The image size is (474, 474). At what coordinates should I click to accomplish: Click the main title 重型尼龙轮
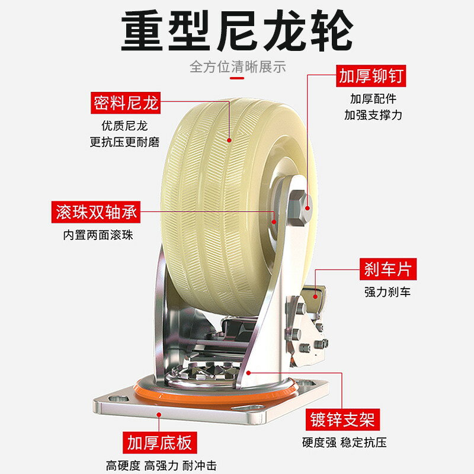(237, 30)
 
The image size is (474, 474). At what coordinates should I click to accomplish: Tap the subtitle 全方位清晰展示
(238, 67)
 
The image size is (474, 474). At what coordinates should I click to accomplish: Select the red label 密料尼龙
(126, 103)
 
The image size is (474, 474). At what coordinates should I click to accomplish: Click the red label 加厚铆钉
(371, 76)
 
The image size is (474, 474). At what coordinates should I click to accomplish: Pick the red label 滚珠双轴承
(96, 212)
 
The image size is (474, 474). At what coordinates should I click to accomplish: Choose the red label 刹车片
(388, 269)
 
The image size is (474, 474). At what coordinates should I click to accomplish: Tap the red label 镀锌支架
(342, 419)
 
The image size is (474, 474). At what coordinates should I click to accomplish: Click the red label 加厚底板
(159, 443)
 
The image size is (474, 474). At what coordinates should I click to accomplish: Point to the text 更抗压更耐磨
(124, 142)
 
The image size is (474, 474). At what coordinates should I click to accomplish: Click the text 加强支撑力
(373, 115)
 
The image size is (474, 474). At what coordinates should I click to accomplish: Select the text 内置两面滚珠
(98, 235)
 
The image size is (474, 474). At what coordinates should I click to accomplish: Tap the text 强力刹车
(387, 292)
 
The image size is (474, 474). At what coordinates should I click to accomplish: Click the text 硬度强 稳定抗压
(344, 443)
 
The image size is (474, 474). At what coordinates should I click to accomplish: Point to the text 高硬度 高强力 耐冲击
(161, 466)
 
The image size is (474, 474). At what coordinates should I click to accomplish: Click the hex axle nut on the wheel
(299, 209)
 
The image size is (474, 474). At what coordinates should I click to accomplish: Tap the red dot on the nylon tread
(229, 140)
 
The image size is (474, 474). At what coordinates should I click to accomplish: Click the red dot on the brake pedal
(315, 297)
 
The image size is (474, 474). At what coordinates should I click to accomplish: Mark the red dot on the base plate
(159, 415)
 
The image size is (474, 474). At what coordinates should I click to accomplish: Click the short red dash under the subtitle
(237, 78)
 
